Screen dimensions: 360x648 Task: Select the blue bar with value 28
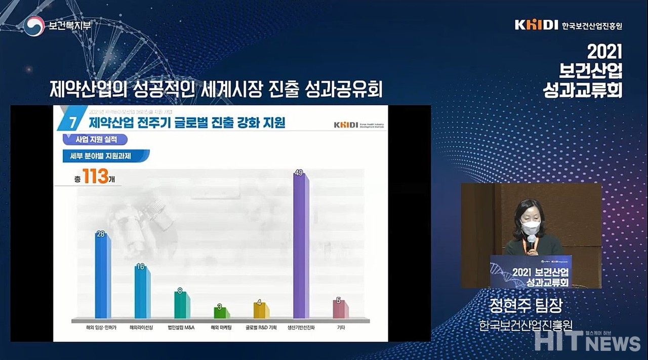click(x=103, y=276)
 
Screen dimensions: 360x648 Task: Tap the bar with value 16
click(x=142, y=292)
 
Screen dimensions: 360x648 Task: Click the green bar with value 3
click(x=221, y=312)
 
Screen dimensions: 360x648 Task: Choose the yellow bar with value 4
click(x=261, y=310)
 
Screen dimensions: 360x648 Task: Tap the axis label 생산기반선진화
click(x=301, y=328)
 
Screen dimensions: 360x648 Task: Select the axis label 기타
click(x=341, y=328)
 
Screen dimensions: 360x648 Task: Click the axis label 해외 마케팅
click(x=221, y=328)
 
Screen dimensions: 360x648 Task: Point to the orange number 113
click(x=96, y=177)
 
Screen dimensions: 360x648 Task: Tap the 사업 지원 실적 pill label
click(x=94, y=139)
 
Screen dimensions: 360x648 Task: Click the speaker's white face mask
click(x=530, y=227)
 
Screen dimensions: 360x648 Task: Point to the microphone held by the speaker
click(x=531, y=241)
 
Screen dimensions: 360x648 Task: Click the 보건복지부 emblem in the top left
click(x=34, y=25)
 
